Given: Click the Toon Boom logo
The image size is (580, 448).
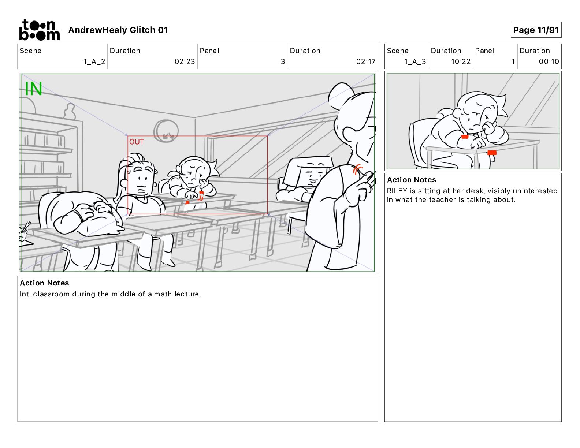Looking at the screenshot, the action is tap(40, 30).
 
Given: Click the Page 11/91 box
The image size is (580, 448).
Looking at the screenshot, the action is tap(536, 30).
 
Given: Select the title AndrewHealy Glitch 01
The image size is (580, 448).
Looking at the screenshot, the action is tap(118, 30).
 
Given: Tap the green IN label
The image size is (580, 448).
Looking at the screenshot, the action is tap(33, 89).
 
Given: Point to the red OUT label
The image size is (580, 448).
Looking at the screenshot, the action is tap(136, 142).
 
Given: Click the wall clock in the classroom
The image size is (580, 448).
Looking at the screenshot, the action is tap(166, 131).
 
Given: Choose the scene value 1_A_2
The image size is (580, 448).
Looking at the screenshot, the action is tap(94, 61).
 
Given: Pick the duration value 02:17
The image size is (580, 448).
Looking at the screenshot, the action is tap(366, 61).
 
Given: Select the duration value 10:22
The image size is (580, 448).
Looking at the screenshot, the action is tap(461, 61).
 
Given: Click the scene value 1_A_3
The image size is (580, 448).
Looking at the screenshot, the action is tap(415, 61).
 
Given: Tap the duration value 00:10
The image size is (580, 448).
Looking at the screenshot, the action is tap(549, 61).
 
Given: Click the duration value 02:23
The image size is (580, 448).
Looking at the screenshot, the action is tap(185, 61).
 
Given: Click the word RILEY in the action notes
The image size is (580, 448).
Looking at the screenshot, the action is tap(397, 191).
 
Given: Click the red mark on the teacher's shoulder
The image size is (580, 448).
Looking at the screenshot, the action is tap(358, 169).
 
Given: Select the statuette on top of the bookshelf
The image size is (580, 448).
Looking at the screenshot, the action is tap(70, 111).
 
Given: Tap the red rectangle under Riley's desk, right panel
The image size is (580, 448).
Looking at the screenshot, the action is tap(492, 153).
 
